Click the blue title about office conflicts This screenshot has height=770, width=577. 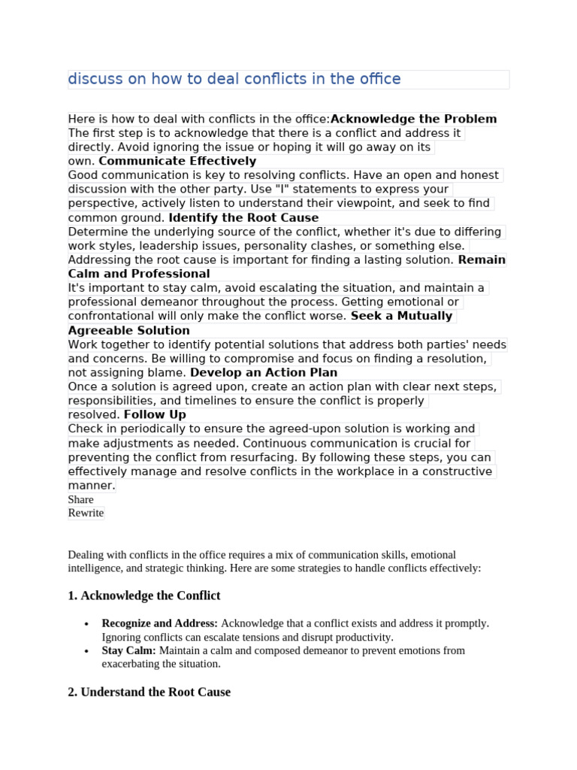[234, 79]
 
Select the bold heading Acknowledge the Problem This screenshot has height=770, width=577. [413, 119]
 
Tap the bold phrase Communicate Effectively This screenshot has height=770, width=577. [177, 161]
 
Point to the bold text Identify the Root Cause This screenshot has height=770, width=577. [243, 218]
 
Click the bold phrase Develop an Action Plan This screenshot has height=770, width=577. [264, 372]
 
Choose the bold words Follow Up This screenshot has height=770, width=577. [155, 414]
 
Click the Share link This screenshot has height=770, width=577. [80, 499]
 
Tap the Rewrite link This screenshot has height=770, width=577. [86, 513]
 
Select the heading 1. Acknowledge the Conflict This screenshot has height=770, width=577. [143, 596]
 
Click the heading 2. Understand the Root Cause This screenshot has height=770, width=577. [149, 692]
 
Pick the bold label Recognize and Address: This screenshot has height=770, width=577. [159, 623]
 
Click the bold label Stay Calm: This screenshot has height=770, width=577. [128, 650]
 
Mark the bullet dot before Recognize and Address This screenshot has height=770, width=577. [87, 624]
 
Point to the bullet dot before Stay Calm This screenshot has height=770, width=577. [87, 651]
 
